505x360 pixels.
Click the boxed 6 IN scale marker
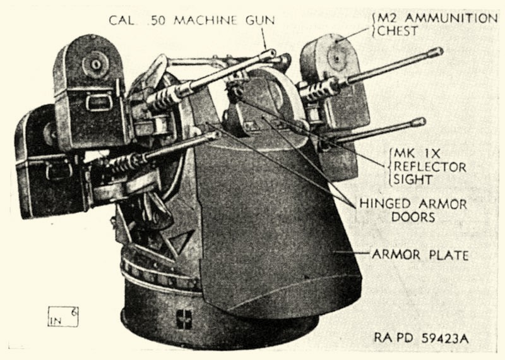pos(62,316)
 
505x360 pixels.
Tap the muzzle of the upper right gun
pos(437,52)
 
